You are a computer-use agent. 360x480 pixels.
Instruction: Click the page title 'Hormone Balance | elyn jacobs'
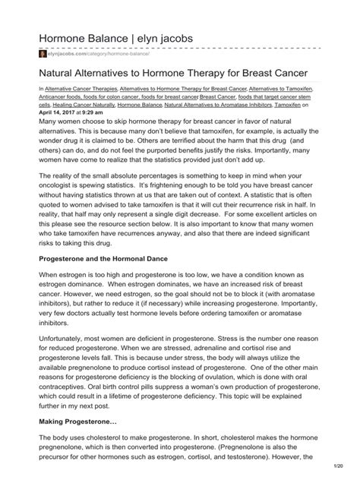pos(116,37)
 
